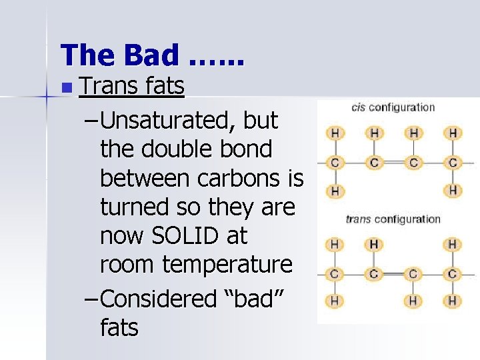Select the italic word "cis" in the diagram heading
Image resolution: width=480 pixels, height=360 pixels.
[x=359, y=107]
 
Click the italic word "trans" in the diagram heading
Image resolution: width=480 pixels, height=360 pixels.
[x=358, y=219]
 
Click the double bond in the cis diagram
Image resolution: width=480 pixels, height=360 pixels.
[x=394, y=162]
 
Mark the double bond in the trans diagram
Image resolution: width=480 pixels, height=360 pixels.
[x=394, y=273]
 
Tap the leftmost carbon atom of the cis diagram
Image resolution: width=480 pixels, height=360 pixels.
[x=335, y=162]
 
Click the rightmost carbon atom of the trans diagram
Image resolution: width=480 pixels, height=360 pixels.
[x=453, y=273]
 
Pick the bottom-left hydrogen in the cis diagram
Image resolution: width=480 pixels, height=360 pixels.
[x=335, y=191]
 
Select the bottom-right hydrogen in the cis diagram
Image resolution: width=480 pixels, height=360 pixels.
[x=453, y=191]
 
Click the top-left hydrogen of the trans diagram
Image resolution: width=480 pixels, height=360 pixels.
[x=335, y=245]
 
